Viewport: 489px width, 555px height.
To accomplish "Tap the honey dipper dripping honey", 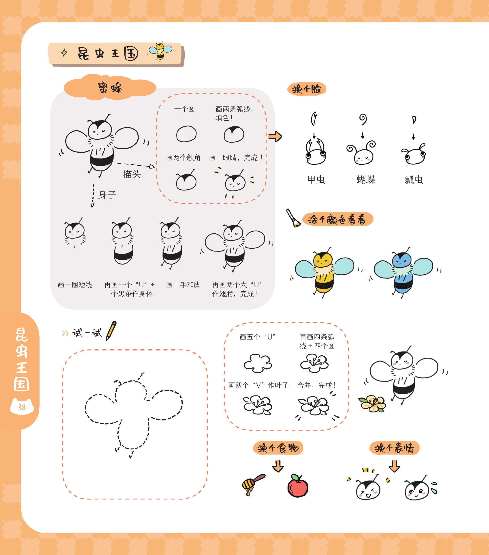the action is pos(253,485).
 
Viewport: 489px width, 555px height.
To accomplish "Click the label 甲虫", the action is pos(316,179).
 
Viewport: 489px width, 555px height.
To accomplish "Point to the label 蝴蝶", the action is pos(366,179).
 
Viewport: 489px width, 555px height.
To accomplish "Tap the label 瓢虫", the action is pos(414,179).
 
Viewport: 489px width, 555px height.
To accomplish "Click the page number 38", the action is pos(22,407).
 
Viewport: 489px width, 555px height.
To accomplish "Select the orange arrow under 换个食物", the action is pos(278,466).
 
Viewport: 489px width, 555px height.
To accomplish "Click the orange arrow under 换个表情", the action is pos(394,466).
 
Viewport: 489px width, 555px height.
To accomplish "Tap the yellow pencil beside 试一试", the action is pos(111,331).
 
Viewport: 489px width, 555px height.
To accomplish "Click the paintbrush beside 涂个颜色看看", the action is pos(293,218).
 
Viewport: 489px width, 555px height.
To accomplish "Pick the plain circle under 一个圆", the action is pos(186,134).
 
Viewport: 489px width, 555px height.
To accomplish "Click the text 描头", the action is pos(132,174).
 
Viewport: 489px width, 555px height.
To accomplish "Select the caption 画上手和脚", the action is pos(183,285).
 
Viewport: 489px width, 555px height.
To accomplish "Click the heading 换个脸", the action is pos(307,89).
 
